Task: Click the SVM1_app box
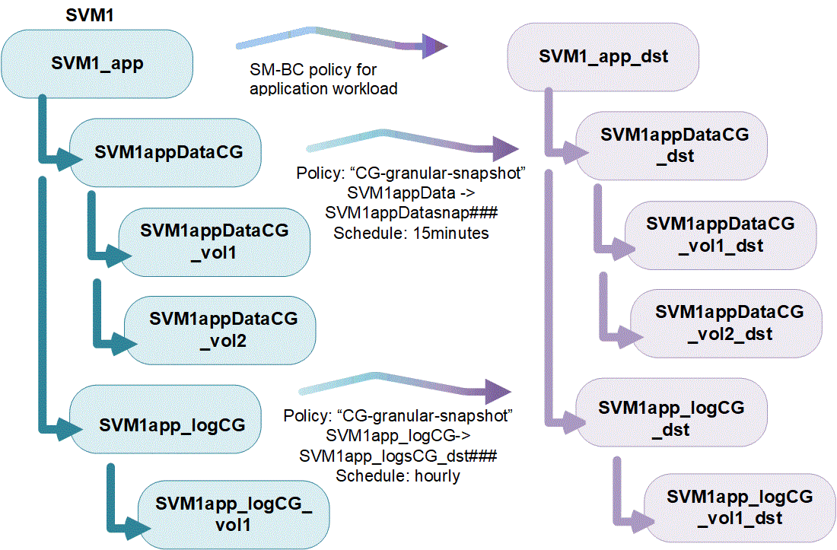coord(97,64)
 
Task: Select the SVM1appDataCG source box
coord(169,152)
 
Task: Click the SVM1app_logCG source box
coord(173,424)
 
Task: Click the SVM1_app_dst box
coord(603,57)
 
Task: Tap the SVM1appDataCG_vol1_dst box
coord(720,234)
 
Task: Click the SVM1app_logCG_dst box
coord(671,418)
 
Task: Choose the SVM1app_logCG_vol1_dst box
coord(739,507)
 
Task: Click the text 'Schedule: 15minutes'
coord(411,233)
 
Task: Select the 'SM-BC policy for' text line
coord(313,70)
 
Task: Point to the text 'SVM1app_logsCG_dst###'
coord(399,455)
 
